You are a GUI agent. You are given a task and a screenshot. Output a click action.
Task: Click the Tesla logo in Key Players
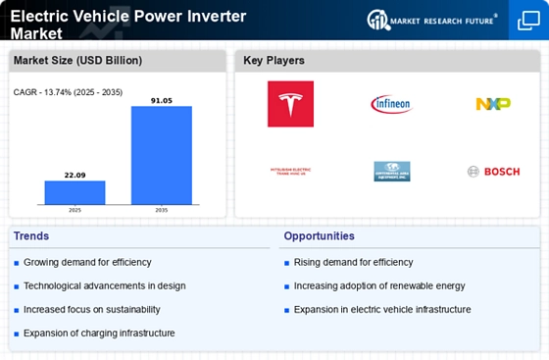coord(290,103)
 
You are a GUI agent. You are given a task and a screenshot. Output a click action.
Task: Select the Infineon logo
coord(391,103)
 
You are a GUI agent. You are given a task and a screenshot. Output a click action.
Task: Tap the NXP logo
coord(492,103)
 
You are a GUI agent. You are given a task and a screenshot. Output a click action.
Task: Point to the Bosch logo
coord(486,172)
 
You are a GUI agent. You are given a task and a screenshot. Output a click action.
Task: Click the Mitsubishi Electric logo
coord(290,172)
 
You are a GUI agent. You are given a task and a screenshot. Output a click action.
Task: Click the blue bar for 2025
coord(75,193)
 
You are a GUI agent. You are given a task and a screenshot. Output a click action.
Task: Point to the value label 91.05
coord(162,99)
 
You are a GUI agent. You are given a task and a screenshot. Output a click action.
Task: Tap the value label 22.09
coord(75,175)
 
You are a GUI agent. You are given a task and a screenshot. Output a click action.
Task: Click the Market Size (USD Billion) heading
coord(76,61)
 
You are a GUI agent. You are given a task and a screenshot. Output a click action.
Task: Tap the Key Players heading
coord(274,61)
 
